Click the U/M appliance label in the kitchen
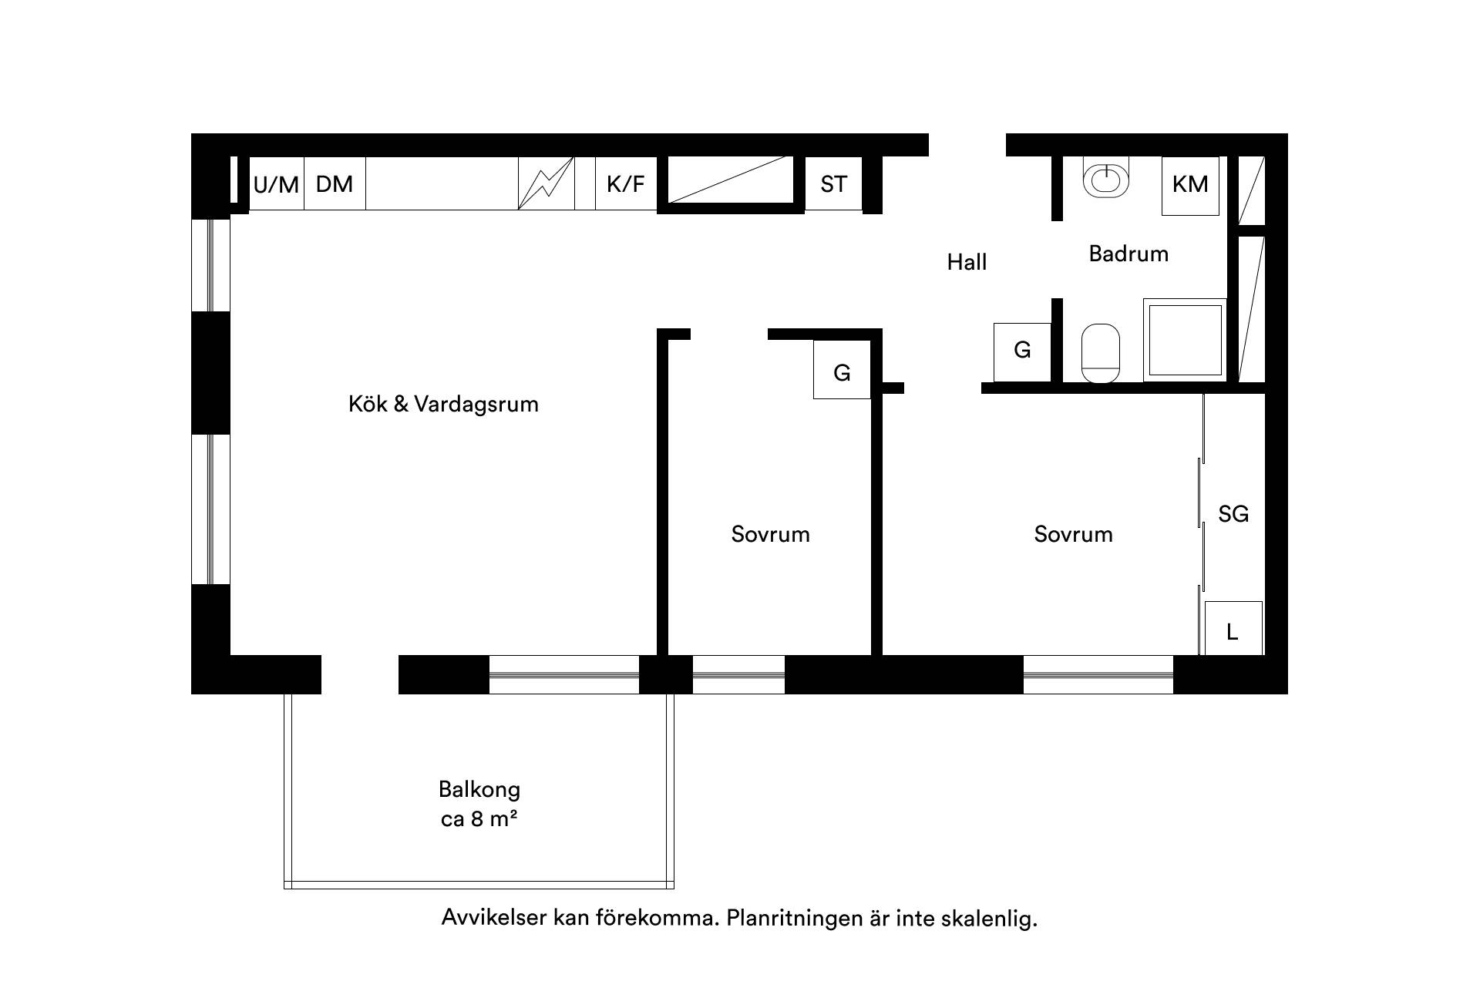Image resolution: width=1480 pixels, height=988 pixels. pyautogui.click(x=276, y=185)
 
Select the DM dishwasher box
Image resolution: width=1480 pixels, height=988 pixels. pyautogui.click(x=335, y=183)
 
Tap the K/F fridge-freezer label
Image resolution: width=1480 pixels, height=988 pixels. pyautogui.click(x=625, y=184)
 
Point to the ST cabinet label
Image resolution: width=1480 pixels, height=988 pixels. pyautogui.click(x=833, y=184)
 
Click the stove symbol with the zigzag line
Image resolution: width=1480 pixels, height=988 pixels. pyautogui.click(x=546, y=183)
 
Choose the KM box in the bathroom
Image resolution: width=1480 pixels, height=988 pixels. pyautogui.click(x=1190, y=185)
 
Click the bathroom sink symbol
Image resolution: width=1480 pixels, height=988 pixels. pyautogui.click(x=1105, y=178)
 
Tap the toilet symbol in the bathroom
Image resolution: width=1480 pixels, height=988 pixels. pyautogui.click(x=1100, y=353)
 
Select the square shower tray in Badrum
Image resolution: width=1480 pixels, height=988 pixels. pyautogui.click(x=1185, y=340)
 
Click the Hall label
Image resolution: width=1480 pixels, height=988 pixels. pyautogui.click(x=967, y=262)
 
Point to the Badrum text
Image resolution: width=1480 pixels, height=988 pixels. pyautogui.click(x=1128, y=254)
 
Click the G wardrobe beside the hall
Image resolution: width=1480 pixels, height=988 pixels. pyautogui.click(x=1022, y=351)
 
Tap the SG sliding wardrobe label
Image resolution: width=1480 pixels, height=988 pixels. pyautogui.click(x=1233, y=514)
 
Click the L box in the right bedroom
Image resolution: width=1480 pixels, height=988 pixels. pyautogui.click(x=1233, y=628)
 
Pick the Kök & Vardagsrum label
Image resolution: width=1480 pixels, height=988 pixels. pyautogui.click(x=443, y=404)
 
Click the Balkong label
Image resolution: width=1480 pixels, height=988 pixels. pyautogui.click(x=479, y=790)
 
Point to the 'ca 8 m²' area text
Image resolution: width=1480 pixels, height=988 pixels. pyautogui.click(x=479, y=818)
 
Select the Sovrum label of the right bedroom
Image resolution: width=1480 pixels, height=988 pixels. pyautogui.click(x=1074, y=535)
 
